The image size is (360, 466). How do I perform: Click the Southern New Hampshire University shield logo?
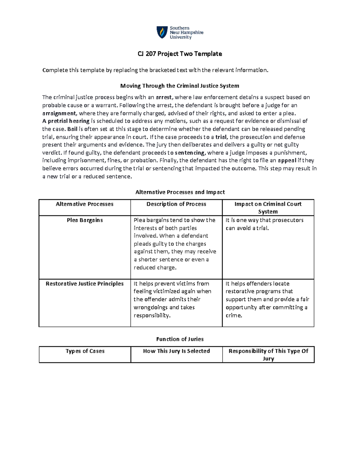click(162, 32)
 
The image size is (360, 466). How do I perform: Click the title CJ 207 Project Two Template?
click(180, 54)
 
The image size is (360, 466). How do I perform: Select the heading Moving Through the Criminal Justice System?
click(180, 86)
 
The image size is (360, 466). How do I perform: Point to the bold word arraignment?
click(59, 113)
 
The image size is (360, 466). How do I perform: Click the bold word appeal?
click(287, 160)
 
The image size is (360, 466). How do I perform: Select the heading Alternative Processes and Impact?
click(180, 192)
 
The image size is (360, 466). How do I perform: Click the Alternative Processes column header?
click(85, 204)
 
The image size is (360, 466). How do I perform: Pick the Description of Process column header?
click(176, 204)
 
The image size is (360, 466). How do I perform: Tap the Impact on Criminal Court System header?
click(268, 208)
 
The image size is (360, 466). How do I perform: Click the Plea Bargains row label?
click(85, 220)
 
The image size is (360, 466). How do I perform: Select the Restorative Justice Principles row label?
click(85, 284)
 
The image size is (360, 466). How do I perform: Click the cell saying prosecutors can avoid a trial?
click(264, 224)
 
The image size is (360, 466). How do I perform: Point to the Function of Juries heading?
click(180, 339)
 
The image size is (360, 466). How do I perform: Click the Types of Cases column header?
click(85, 351)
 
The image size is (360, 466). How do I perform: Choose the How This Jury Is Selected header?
click(176, 351)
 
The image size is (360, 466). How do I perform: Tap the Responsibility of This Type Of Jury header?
click(268, 355)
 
